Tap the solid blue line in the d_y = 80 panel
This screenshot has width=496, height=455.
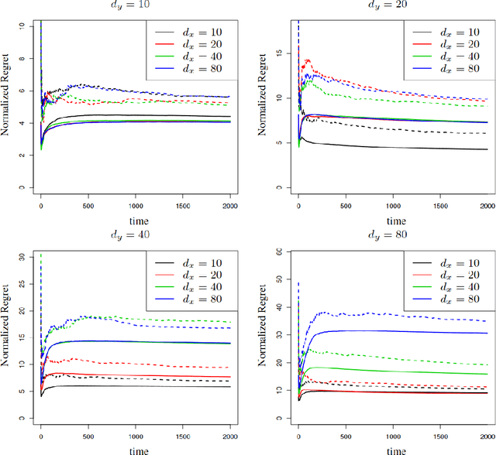point(387,331)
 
